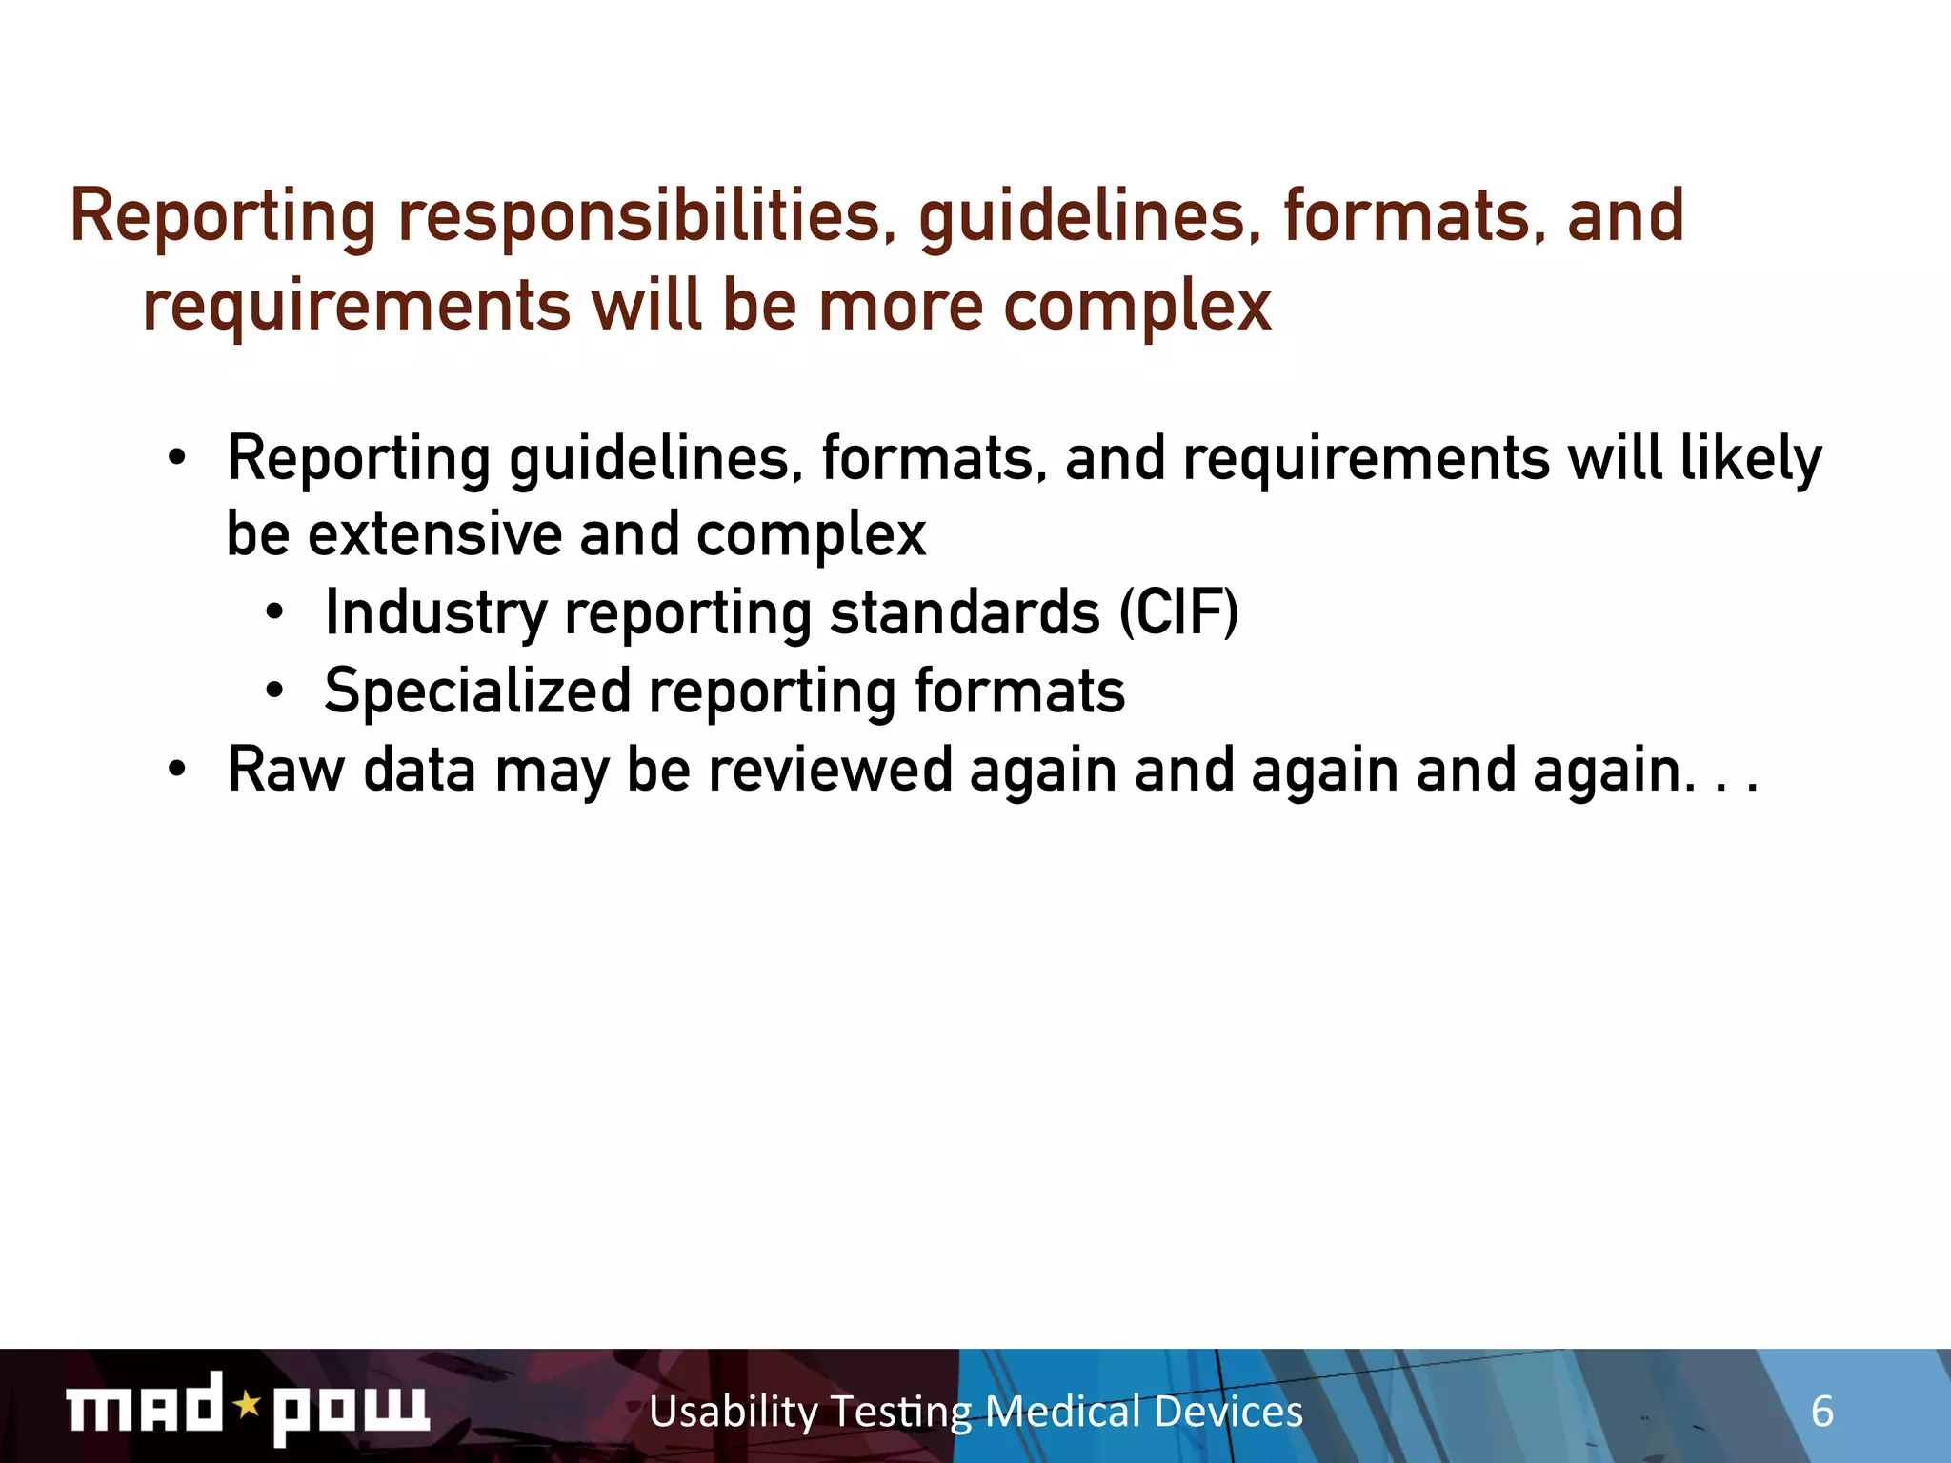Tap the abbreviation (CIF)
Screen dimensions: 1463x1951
pos(1178,611)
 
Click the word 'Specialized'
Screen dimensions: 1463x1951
pos(477,691)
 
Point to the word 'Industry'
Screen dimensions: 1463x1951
pos(435,613)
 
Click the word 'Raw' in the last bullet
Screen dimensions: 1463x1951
pos(286,769)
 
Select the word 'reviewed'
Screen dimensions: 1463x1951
pos(830,769)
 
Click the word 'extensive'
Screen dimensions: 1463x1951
pos(434,534)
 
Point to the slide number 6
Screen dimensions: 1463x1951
pos(1821,1412)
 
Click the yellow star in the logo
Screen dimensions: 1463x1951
pos(248,1404)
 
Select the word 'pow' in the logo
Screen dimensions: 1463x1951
pos(351,1410)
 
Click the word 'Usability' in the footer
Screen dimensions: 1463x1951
pos(734,1412)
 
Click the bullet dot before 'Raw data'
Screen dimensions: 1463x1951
pos(176,769)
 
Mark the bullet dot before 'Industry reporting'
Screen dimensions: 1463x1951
pos(274,612)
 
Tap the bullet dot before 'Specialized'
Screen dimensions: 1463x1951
pos(274,691)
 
